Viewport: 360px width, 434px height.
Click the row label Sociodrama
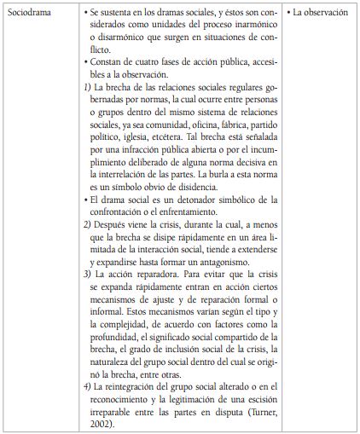[x=31, y=14]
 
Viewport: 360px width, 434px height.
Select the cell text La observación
[x=320, y=14]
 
